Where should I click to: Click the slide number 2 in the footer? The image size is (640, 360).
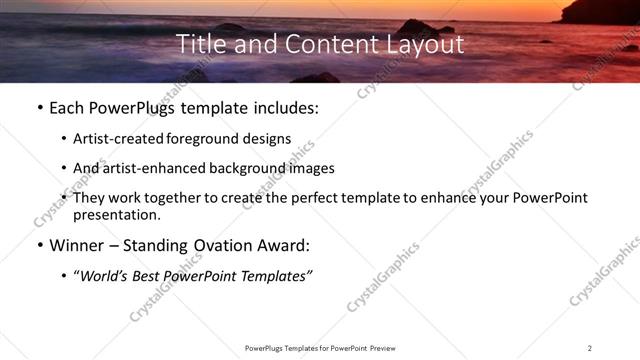[590, 347]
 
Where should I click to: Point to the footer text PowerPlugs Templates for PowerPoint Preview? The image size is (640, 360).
[319, 347]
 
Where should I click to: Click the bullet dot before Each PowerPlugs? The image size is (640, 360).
[37, 109]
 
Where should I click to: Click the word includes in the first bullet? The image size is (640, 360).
[283, 108]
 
